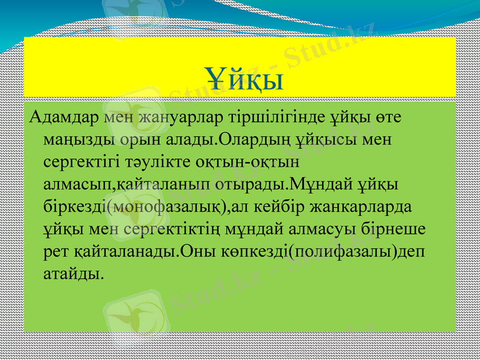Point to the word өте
click(x=391, y=117)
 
